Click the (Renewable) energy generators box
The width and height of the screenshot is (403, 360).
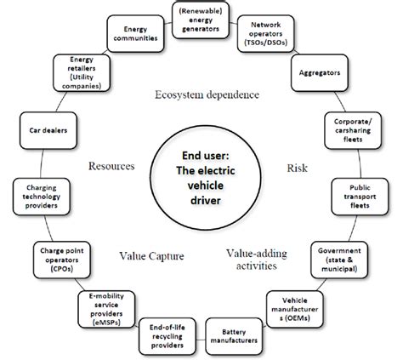pos(200,20)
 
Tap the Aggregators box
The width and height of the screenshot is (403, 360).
pos(320,74)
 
